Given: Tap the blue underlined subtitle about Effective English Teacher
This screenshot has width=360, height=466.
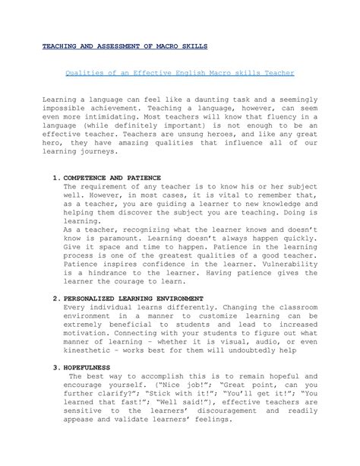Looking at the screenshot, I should coord(180,73).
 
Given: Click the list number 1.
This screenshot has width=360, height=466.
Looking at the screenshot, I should coord(55,177).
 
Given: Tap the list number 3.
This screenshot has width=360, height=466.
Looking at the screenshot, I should coord(55,366).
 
